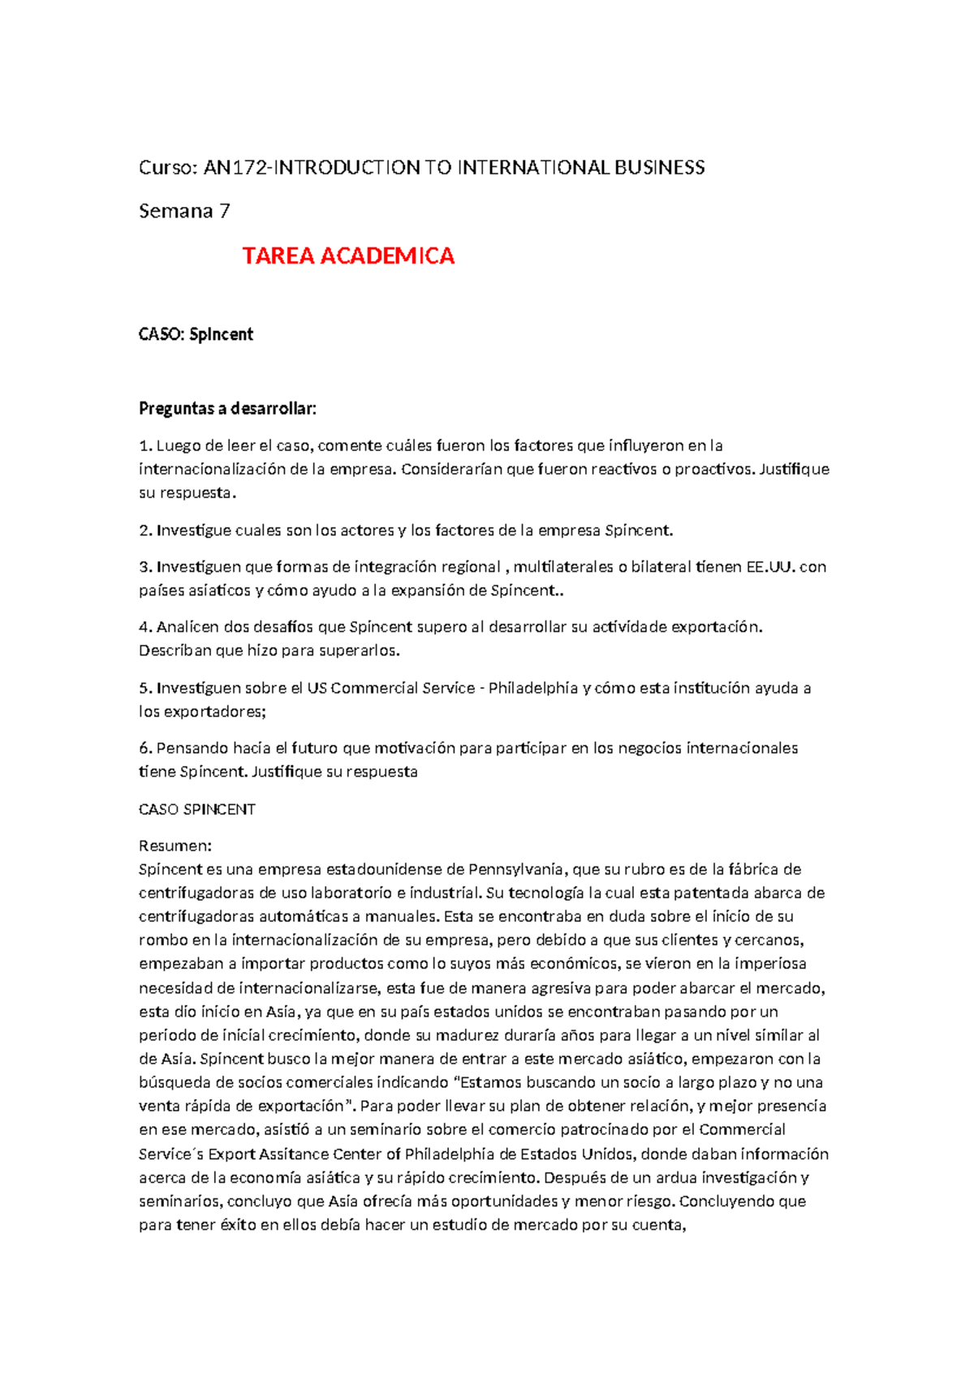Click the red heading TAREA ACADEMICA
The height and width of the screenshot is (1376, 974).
(x=348, y=256)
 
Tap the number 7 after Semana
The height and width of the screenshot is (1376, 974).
(x=225, y=212)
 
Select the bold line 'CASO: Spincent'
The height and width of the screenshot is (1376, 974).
(x=196, y=334)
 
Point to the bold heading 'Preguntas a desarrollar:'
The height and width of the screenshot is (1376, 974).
(x=227, y=408)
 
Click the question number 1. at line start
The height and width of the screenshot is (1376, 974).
(x=145, y=445)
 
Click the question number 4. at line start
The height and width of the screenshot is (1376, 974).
(x=145, y=627)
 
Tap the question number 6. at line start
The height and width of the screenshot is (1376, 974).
(x=145, y=748)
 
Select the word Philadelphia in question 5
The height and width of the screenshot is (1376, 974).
(x=532, y=688)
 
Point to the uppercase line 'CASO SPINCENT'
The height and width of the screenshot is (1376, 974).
(x=197, y=810)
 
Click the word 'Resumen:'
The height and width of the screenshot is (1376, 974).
(x=175, y=846)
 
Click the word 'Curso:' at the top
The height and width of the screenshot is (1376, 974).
(x=168, y=168)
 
